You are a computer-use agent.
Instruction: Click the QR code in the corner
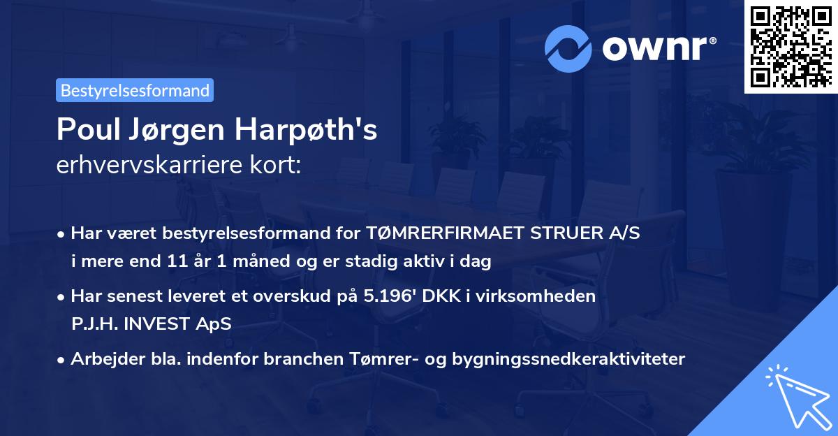click(x=789, y=46)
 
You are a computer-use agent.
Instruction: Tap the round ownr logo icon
click(x=569, y=48)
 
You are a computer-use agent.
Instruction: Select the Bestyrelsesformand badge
click(x=135, y=90)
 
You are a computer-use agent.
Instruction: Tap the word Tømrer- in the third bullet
click(x=374, y=358)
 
